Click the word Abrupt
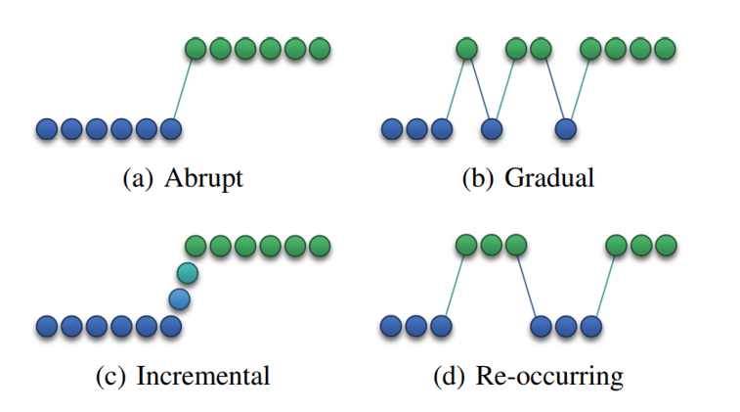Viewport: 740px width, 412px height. (203, 178)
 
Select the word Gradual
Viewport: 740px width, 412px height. (548, 178)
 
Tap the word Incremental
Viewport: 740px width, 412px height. (203, 376)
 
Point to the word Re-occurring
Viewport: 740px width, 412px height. (549, 377)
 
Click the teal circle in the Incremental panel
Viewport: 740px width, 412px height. (188, 273)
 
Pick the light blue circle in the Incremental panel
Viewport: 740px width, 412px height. (179, 299)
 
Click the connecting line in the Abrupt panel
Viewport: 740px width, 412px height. (183, 89)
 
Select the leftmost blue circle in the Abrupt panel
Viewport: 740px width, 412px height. (47, 129)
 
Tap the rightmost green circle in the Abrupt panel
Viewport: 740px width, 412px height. (320, 49)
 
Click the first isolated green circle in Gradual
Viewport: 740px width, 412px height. (466, 49)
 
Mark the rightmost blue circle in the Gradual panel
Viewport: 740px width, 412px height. (565, 129)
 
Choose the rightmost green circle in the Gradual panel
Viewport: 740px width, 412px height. (665, 49)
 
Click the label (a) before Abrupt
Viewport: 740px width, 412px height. (138, 178)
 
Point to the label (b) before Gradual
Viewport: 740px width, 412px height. (478, 178)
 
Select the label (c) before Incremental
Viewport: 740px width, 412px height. (110, 377)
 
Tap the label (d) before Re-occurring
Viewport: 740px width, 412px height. (449, 377)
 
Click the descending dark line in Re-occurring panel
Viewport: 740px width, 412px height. (527, 286)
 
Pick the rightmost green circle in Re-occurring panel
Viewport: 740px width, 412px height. (666, 246)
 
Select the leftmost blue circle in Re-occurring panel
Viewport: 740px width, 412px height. (391, 326)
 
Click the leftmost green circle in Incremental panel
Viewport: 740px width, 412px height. (196, 246)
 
